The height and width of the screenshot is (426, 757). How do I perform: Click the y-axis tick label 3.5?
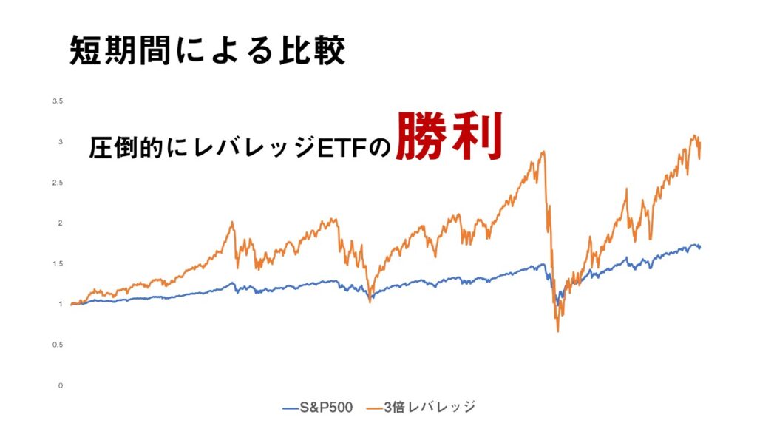point(58,101)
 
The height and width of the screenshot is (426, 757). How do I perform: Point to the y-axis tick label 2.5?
point(58,183)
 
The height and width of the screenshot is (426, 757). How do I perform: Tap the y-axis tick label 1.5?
point(58,264)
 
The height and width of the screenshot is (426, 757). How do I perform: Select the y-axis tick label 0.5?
point(58,345)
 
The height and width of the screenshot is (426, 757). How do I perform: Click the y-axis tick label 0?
point(61,385)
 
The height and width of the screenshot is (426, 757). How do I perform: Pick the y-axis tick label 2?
point(61,223)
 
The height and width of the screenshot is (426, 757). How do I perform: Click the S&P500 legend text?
point(326,408)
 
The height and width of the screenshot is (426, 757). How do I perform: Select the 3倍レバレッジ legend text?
point(430,408)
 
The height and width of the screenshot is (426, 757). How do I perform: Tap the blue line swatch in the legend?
point(291,408)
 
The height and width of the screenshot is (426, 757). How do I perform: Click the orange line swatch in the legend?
point(375,408)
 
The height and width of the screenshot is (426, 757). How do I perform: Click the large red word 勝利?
point(449,137)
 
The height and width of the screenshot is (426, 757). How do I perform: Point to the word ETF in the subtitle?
point(341,147)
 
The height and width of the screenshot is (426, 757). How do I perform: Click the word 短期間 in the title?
point(120,50)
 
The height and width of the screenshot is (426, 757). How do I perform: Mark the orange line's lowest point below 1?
point(558,331)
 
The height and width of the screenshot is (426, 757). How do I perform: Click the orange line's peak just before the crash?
point(544,152)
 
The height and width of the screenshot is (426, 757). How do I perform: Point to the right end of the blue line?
point(700,248)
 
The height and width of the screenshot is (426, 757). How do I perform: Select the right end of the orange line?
point(699,158)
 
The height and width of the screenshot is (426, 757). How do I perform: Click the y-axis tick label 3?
point(61,142)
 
